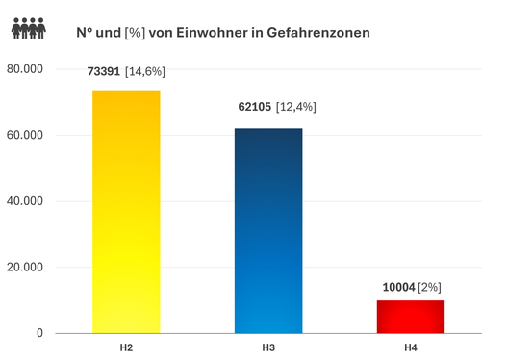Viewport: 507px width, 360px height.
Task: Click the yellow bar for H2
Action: coord(126,212)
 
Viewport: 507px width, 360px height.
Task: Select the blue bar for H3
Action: coord(268,230)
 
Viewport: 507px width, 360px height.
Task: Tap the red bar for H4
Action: coord(410,316)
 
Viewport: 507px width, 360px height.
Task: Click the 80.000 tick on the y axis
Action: coord(27,69)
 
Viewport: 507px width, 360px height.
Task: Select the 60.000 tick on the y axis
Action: coord(27,135)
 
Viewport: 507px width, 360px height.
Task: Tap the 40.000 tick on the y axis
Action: coord(27,201)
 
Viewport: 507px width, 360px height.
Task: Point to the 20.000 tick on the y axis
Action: coord(27,267)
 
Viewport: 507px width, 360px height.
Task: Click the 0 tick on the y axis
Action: coord(40,333)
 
